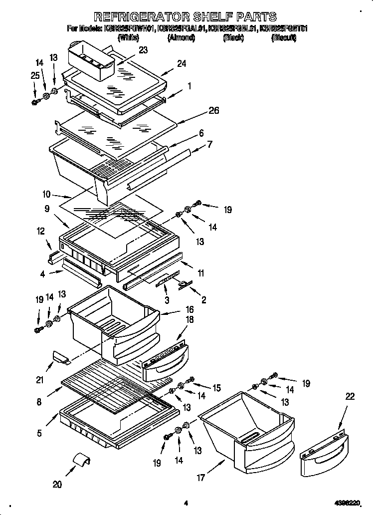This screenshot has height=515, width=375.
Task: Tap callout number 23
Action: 144,50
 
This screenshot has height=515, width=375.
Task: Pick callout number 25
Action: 34,75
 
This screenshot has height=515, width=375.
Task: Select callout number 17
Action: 200,478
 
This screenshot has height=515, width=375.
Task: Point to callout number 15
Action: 217,387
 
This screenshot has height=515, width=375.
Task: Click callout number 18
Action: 189,319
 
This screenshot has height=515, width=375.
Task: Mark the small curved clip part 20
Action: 82,459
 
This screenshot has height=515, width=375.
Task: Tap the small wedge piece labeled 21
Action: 60,357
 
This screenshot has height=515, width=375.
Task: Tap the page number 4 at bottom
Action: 186,504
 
